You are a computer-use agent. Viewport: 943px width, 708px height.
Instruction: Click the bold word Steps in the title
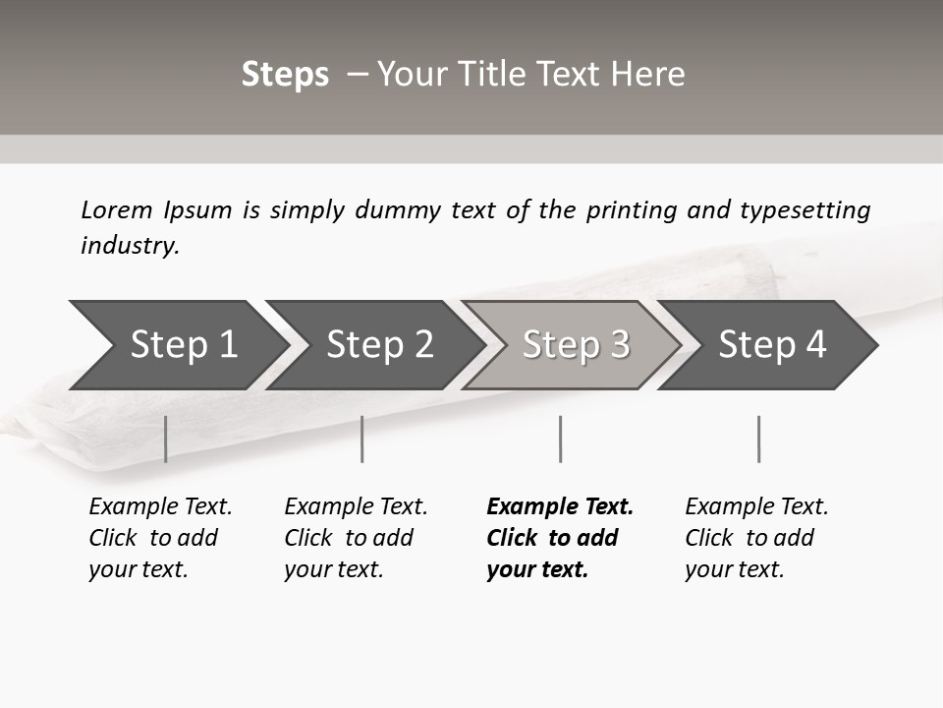285,74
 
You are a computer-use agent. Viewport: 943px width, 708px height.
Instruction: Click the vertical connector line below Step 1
165,439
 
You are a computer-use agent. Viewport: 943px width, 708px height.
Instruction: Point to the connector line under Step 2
361,439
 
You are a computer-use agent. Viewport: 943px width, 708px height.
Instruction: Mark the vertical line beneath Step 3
560,439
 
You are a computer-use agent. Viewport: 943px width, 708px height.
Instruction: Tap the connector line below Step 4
758,439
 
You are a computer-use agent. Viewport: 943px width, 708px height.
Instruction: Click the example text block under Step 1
160,538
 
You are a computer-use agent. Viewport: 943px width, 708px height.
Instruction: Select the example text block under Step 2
356,538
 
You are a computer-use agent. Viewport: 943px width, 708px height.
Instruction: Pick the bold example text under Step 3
559,538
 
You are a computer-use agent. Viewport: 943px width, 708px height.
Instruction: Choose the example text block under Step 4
756,538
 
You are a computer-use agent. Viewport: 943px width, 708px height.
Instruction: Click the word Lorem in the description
116,209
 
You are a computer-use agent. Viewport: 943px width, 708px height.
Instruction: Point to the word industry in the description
130,245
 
